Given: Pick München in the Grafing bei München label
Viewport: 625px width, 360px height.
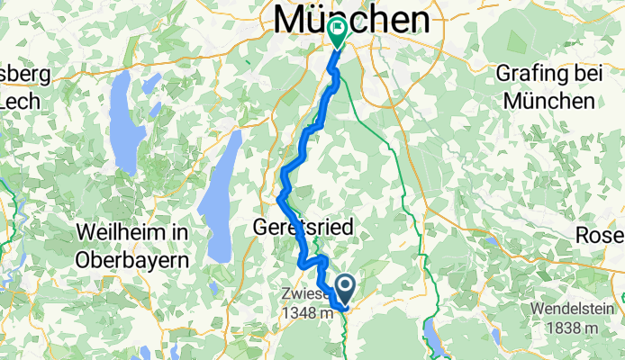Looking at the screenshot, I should tap(550, 101).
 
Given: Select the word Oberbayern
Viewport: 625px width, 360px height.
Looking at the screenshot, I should tap(132, 258).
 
